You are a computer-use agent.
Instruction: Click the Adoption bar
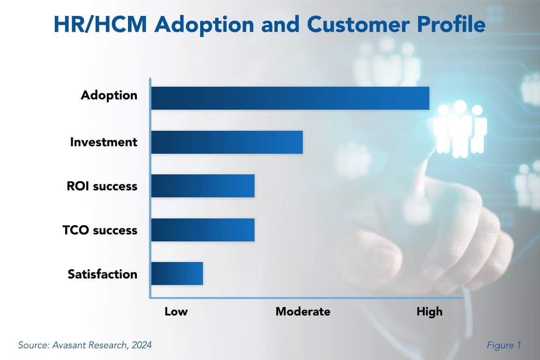290,98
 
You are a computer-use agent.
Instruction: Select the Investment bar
227,142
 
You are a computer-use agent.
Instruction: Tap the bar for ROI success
202,186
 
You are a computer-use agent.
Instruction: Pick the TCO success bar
202,230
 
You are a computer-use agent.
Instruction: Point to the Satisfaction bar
177,274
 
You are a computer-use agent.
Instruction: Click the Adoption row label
109,95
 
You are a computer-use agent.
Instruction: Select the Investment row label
104,142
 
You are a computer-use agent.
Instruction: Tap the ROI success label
102,186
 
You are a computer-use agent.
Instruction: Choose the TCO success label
100,230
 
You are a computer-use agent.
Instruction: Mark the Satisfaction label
102,274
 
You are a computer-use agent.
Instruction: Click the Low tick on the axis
176,311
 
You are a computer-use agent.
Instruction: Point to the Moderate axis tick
303,311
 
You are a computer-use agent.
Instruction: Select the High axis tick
429,311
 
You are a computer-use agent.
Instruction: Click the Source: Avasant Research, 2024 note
85,345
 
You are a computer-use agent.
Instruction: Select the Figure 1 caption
504,345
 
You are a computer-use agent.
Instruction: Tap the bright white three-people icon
460,127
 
